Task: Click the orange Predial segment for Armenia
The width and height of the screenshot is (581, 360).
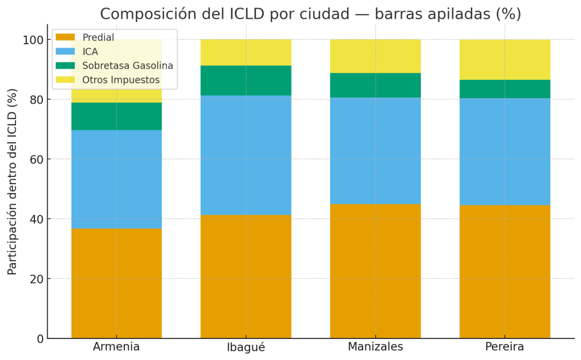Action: [116, 283]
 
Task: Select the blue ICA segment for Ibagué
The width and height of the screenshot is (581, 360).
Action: [246, 155]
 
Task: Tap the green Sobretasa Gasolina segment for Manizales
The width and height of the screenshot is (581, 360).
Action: [375, 85]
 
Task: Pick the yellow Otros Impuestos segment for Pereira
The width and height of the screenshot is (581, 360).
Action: [504, 60]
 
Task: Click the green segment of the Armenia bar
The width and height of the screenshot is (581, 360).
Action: [116, 116]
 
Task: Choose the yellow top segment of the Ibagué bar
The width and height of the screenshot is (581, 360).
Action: [246, 53]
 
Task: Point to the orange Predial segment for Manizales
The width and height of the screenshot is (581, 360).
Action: [375, 271]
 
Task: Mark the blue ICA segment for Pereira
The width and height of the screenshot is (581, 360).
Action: [504, 151]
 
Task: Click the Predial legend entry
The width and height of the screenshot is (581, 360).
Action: [98, 37]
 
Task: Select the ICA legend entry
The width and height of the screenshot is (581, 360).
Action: [90, 52]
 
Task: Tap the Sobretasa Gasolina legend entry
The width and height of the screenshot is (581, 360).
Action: [128, 66]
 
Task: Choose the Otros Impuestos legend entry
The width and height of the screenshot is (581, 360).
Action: [121, 80]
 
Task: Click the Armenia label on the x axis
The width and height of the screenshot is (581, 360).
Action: [116, 347]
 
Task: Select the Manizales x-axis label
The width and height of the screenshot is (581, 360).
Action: [375, 347]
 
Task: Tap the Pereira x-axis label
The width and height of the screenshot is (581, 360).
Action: [504, 347]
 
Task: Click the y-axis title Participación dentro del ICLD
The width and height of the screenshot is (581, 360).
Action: [12, 181]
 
